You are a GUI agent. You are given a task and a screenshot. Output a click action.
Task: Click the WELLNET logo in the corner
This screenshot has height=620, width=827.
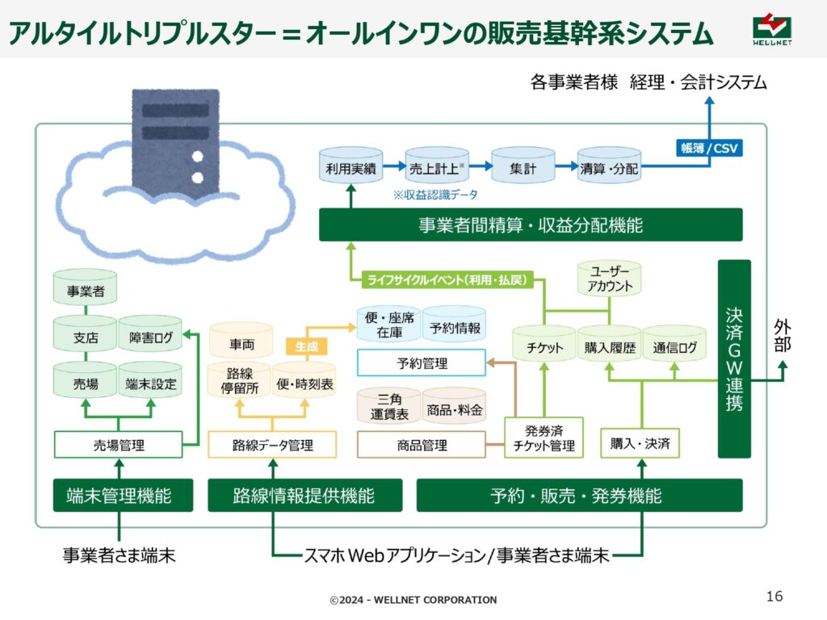[772, 30]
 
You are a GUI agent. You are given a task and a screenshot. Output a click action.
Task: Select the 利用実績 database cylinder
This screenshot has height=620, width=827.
[351, 165]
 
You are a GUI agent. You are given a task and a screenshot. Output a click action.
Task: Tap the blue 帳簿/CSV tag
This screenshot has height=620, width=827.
[709, 149]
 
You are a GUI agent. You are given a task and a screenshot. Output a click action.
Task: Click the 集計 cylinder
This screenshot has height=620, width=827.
[523, 165]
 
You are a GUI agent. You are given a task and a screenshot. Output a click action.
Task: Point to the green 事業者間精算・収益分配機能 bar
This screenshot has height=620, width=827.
[531, 225]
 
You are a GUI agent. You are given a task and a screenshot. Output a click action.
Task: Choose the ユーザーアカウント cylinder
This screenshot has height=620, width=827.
[609, 279]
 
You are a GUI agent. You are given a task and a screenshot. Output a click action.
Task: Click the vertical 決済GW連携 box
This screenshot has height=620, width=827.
[734, 359]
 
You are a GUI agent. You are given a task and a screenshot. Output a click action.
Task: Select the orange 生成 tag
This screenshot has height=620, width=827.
[306, 346]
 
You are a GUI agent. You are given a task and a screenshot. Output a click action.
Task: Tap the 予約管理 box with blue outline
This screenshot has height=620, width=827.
[422, 362]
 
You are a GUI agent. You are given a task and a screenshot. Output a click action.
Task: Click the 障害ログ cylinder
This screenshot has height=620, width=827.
[150, 333]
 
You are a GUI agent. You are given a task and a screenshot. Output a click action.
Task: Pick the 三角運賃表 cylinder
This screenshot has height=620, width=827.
[389, 406]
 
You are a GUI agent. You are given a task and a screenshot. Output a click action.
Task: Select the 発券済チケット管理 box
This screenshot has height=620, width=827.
[544, 438]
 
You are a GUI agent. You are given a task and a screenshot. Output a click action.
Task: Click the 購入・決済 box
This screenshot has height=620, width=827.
[640, 443]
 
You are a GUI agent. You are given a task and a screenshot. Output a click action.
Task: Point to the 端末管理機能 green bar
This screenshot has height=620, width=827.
[123, 495]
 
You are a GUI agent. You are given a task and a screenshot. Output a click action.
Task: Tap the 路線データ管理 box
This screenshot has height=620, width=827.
[272, 445]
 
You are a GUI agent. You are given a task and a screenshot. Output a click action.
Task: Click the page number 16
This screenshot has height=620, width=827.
[775, 597]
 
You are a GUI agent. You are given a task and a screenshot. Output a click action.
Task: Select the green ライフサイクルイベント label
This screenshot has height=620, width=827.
[447, 279]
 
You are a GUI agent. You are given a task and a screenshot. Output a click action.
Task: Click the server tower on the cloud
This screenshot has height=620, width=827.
[175, 142]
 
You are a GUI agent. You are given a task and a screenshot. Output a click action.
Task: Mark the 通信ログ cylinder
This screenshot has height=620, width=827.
[674, 344]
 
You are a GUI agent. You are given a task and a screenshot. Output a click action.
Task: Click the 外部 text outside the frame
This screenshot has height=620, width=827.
[782, 336]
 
